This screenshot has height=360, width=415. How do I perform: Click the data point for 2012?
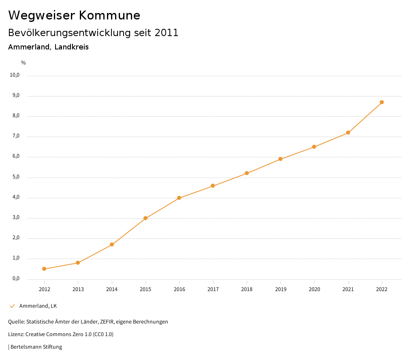point(44,269)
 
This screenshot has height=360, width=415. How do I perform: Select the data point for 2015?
point(145,218)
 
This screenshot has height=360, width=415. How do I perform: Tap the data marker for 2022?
point(382,102)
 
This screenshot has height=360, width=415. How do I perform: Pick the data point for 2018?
point(247,173)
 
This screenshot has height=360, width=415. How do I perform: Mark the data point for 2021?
point(348,133)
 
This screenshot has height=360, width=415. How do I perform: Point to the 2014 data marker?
point(112,244)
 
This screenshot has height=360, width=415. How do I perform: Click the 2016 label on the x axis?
point(179,289)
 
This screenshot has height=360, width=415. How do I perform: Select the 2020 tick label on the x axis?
point(314,289)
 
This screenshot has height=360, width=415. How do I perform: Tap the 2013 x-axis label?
point(78,289)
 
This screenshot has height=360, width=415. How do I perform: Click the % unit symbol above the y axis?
point(24,63)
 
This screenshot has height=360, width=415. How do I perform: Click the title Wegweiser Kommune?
point(74,15)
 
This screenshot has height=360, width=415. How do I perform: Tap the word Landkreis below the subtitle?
point(71,47)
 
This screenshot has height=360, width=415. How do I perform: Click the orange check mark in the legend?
point(12,306)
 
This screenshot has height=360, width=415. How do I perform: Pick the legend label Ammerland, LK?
point(38,306)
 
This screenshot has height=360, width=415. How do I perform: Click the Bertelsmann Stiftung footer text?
point(36,347)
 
